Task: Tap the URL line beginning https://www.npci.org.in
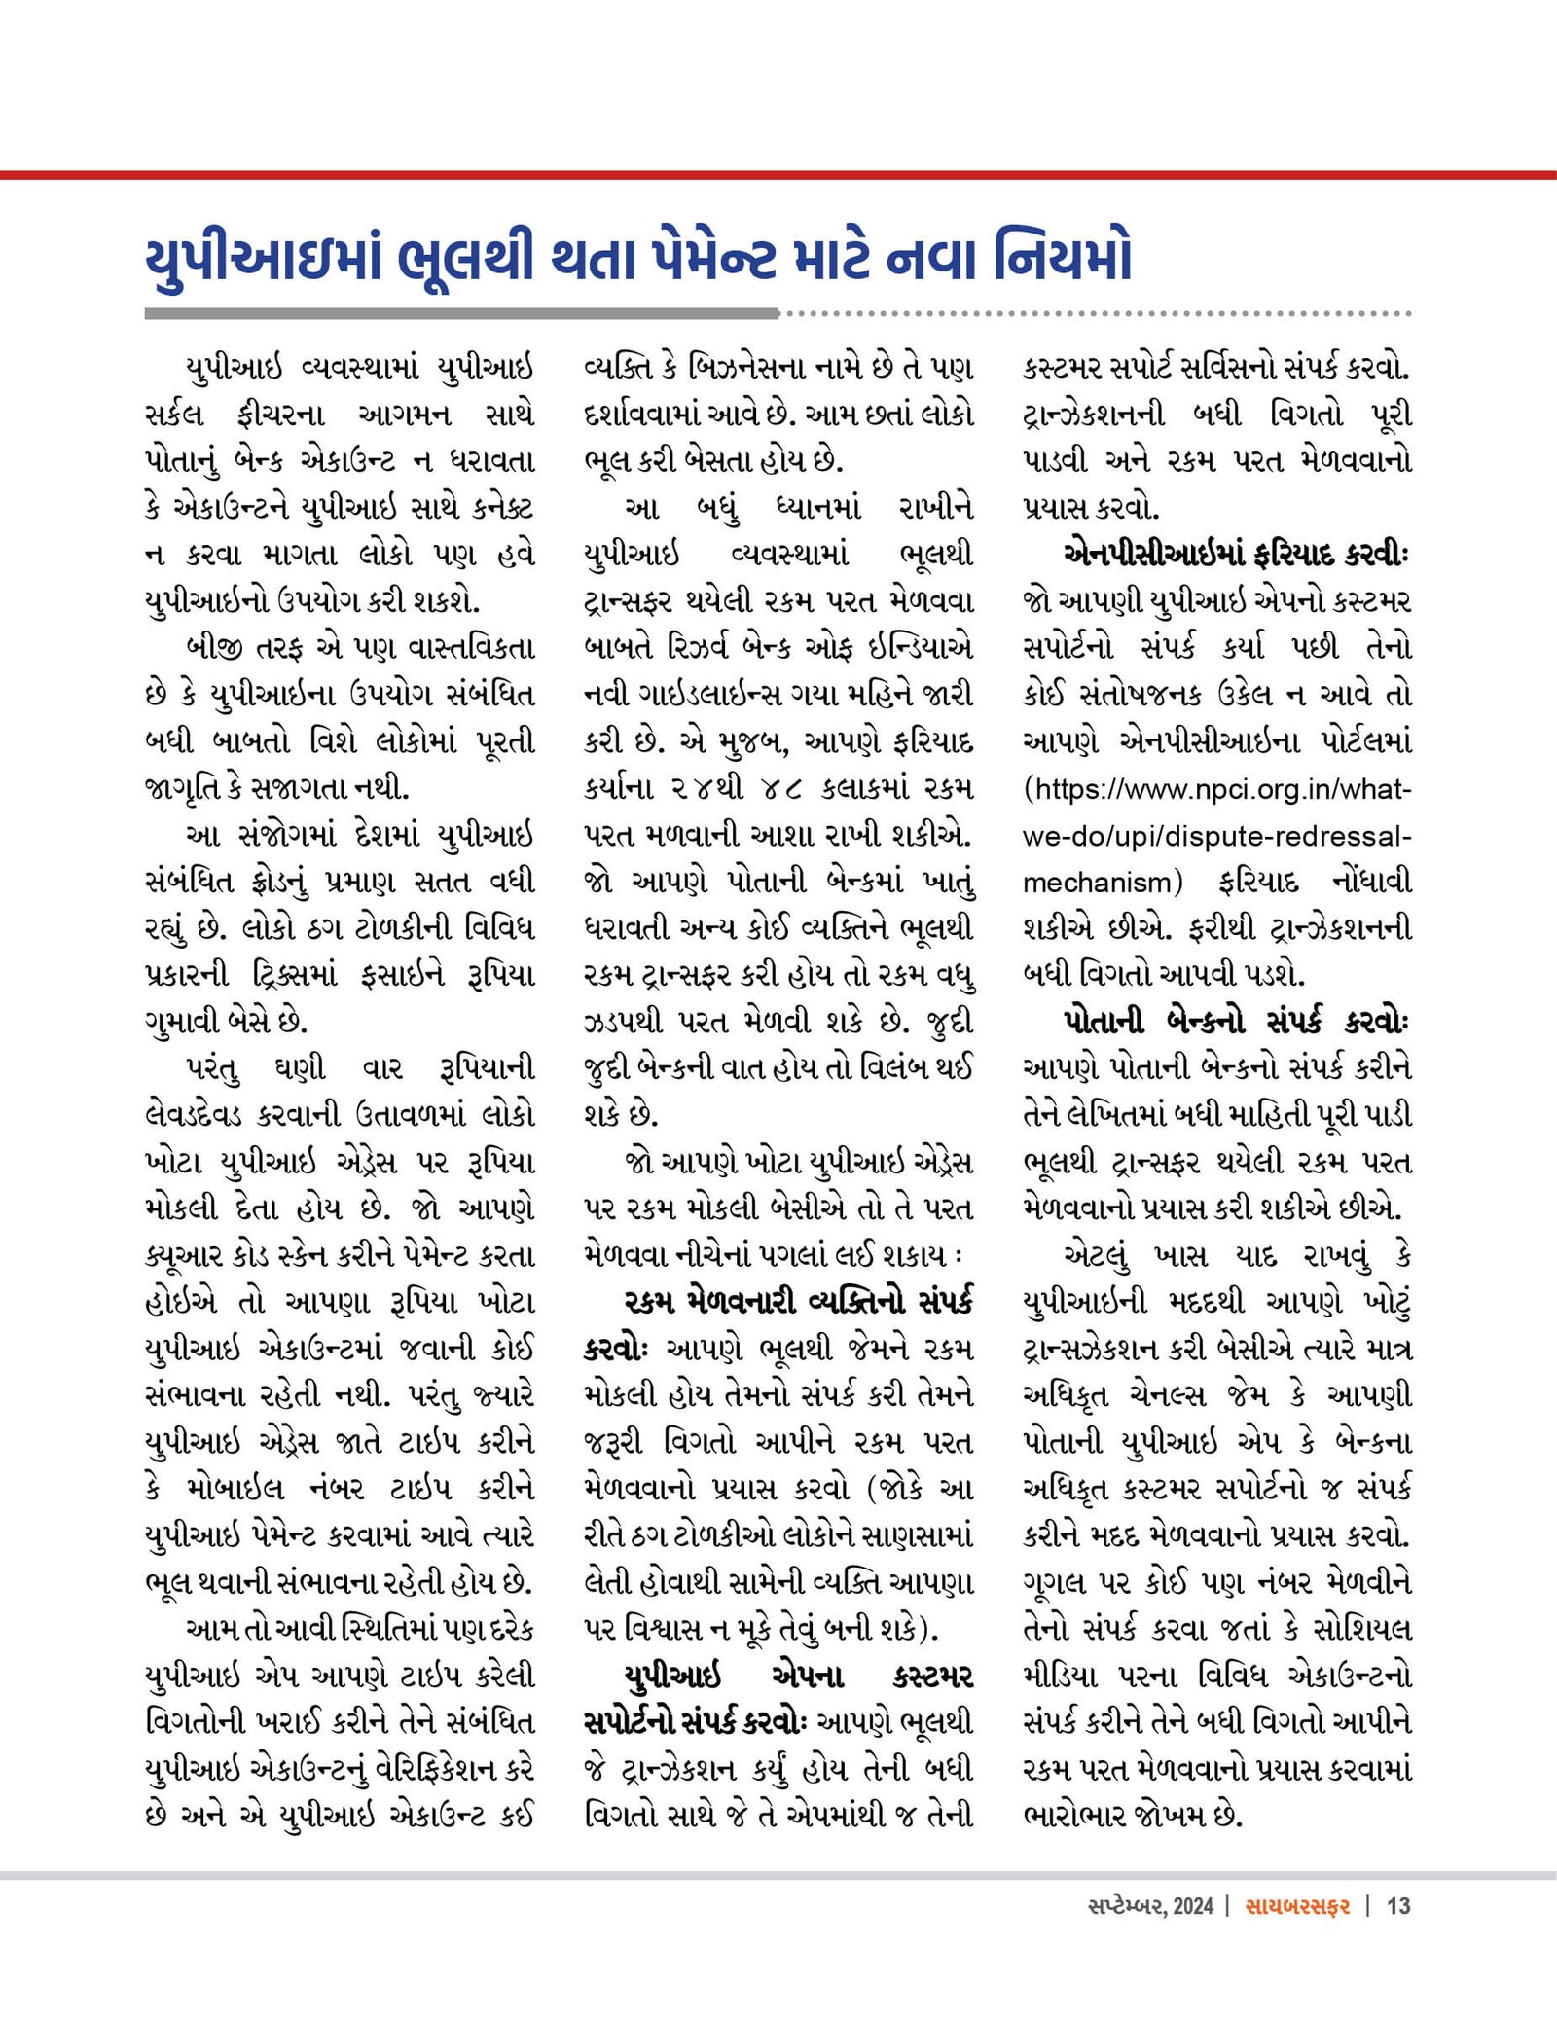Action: (x=1216, y=789)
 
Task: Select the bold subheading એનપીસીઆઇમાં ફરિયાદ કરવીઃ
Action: (x=1236, y=555)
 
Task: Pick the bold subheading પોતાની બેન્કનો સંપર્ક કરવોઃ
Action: (x=1236, y=1022)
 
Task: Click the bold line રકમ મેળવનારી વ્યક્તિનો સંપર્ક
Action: (x=798, y=1303)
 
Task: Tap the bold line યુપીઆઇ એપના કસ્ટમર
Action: (x=798, y=1677)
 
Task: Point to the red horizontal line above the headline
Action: (x=778, y=175)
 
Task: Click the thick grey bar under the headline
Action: (x=462, y=314)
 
